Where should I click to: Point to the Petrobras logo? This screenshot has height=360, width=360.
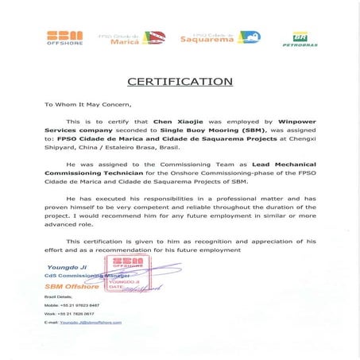click(x=299, y=39)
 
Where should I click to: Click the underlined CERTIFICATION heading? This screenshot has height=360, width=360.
click(x=180, y=81)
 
